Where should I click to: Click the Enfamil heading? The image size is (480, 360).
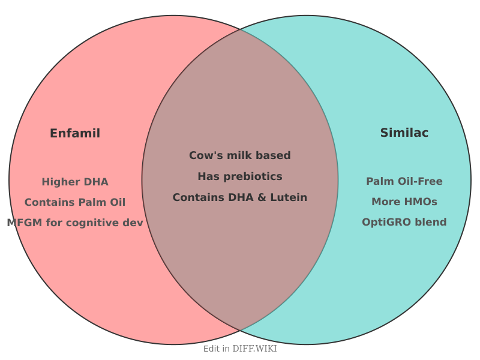(75, 133)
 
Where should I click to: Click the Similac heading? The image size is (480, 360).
(404, 133)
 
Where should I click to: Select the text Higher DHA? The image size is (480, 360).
(75, 182)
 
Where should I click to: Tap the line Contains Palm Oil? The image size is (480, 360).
(75, 202)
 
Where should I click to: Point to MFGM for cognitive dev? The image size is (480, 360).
(75, 223)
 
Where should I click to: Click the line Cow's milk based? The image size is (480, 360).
(240, 155)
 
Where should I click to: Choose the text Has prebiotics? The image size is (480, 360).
(240, 176)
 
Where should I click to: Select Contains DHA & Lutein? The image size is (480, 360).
(240, 197)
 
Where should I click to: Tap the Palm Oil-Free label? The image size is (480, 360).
(404, 181)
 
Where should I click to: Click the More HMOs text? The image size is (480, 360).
(404, 202)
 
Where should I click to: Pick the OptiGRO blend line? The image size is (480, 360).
(404, 222)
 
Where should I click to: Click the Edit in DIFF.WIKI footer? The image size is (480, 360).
(240, 349)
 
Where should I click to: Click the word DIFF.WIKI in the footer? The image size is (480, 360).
(254, 349)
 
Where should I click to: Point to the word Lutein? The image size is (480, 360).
(290, 197)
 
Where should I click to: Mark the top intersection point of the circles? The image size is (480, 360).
(240, 29)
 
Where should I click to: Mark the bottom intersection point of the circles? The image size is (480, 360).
(240, 331)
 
